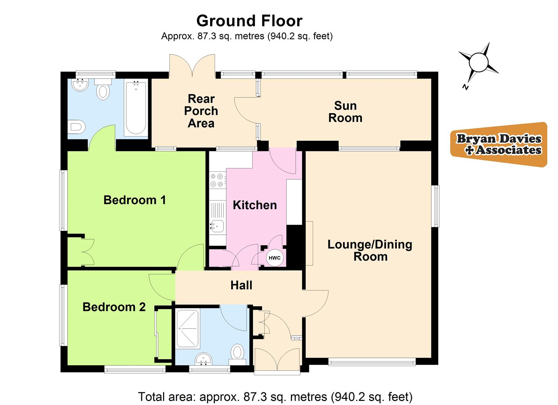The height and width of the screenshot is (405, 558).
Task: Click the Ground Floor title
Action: click(249, 21)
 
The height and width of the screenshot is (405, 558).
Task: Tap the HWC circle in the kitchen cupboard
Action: click(274, 258)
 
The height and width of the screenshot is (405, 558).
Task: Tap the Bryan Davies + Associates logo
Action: click(499, 144)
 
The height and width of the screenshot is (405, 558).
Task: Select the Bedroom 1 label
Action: click(135, 200)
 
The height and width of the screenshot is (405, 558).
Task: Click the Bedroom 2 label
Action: click(114, 307)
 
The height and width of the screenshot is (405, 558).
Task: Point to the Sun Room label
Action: click(345, 112)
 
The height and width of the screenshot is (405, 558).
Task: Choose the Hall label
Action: click(241, 285)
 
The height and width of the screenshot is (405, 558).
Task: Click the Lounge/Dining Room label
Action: click(370, 250)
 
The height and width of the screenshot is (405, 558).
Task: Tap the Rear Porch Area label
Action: click(201, 111)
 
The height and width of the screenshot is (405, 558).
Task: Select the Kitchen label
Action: click(255, 205)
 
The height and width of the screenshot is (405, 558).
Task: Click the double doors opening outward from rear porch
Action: click(192, 66)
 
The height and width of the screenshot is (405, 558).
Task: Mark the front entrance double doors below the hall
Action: click(277, 360)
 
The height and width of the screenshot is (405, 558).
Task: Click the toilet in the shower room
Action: click(237, 353)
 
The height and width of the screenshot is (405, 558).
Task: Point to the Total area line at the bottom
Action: click(275, 396)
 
